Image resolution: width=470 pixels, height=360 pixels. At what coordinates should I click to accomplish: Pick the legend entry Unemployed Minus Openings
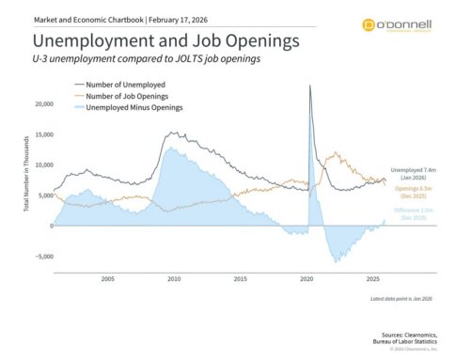(x=128, y=108)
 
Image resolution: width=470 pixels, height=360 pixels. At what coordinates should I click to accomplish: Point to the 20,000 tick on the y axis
(x=40, y=104)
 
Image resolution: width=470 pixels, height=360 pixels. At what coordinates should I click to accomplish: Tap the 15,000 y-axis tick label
(x=40, y=134)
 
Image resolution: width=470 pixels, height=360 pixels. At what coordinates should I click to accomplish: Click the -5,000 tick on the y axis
(x=40, y=256)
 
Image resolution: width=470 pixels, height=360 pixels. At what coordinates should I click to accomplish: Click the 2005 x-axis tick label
(x=108, y=279)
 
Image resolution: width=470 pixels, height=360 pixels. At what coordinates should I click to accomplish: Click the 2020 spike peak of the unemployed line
(x=310, y=86)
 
